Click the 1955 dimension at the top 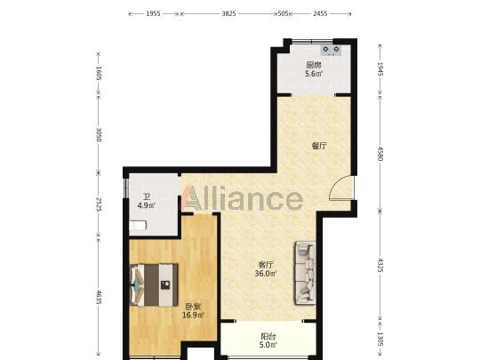pyautogui.click(x=153, y=13)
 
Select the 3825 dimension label pyautogui.click(x=228, y=13)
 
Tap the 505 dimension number pyautogui.click(x=283, y=13)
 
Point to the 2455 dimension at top pyautogui.click(x=320, y=13)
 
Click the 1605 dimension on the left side pyautogui.click(x=99, y=73)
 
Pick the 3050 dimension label pyautogui.click(x=99, y=134)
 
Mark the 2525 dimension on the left pyautogui.click(x=99, y=204)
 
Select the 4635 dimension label pyautogui.click(x=99, y=297)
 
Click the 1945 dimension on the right pyautogui.click(x=380, y=68)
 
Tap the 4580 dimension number pyautogui.click(x=380, y=154)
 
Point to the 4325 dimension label pyautogui.click(x=380, y=265)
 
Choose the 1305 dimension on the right pyautogui.click(x=380, y=340)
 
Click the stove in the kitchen pyautogui.click(x=332, y=50)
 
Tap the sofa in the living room pyautogui.click(x=306, y=273)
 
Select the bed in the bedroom pyautogui.click(x=154, y=285)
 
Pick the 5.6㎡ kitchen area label pyautogui.click(x=314, y=74)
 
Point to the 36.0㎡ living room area pyautogui.click(x=266, y=274)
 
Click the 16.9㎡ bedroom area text pyautogui.click(x=193, y=315)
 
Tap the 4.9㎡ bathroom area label pyautogui.click(x=147, y=205)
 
